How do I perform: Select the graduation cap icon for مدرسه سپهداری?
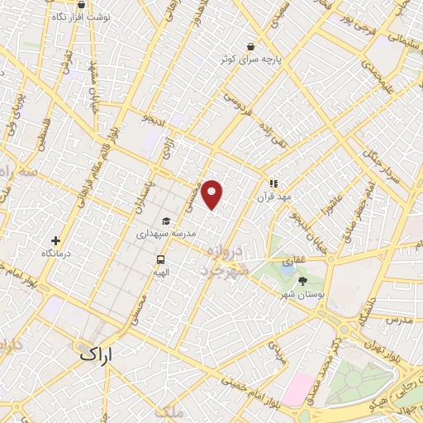[x=166, y=221]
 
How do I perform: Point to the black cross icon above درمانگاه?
[x=55, y=240]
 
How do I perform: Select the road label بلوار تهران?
[x=384, y=340]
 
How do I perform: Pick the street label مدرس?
[x=399, y=318]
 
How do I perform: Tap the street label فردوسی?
[x=238, y=107]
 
